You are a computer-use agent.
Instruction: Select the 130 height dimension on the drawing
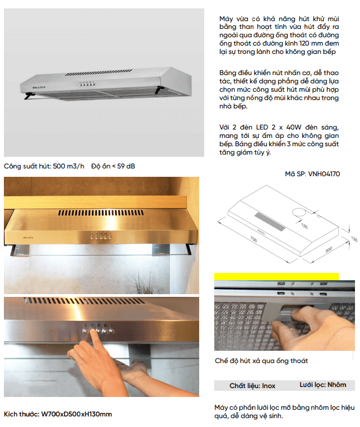(354, 239)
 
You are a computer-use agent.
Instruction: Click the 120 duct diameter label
(304, 226)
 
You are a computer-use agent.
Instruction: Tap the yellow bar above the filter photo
(276, 276)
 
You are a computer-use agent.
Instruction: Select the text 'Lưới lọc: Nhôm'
(323, 385)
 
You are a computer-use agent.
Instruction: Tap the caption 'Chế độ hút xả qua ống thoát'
(261, 361)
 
